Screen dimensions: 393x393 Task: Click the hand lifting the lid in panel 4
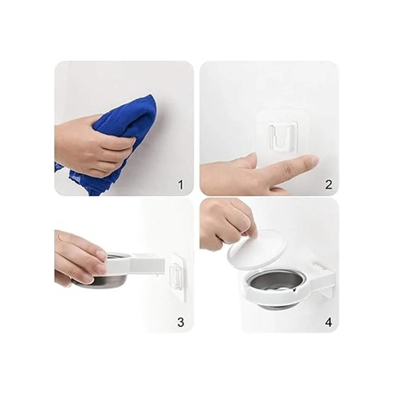point(226,224)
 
